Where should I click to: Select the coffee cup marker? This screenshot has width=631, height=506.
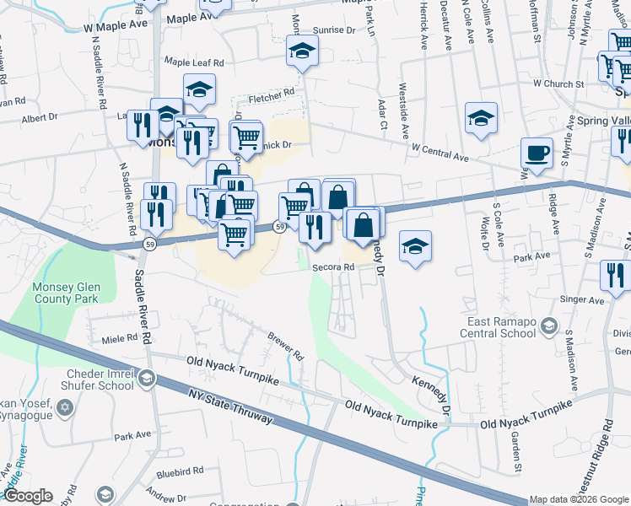[x=537, y=153]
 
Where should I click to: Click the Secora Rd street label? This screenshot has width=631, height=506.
[x=332, y=267]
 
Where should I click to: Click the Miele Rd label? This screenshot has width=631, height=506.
[x=119, y=338]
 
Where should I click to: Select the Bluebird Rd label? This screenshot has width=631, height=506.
[x=180, y=471]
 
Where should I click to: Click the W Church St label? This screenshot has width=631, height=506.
[x=558, y=84]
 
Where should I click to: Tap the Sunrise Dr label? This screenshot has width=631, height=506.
[x=334, y=30]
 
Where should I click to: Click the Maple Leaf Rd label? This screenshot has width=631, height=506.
[x=194, y=62]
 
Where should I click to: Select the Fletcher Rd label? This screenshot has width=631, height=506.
[x=277, y=92]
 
